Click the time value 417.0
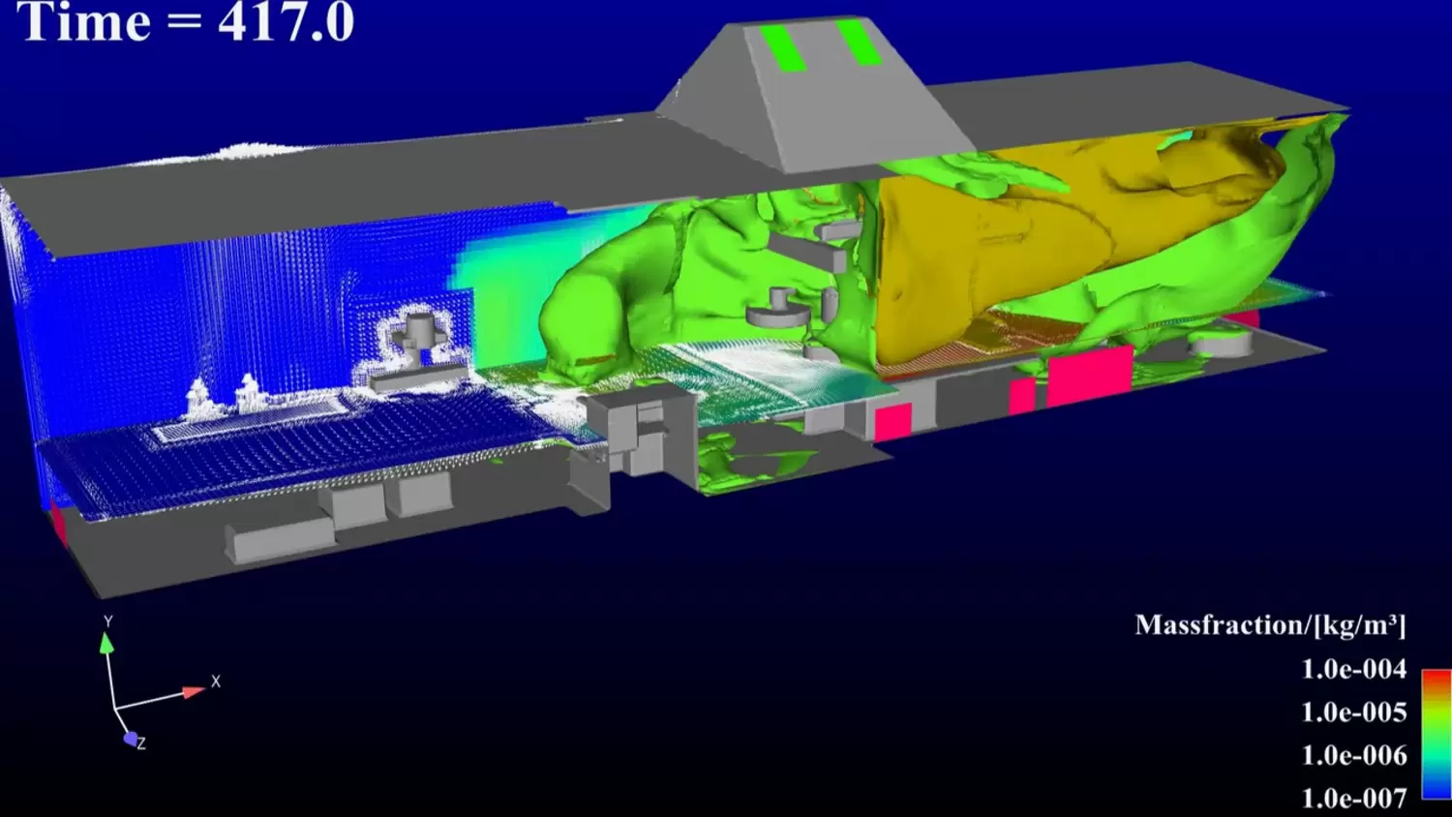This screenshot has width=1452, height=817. (x=286, y=22)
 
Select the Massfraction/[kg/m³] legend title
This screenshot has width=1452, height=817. (x=1270, y=625)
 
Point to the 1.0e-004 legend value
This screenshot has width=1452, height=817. (x=1354, y=669)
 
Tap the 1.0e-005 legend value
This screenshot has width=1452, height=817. (x=1354, y=712)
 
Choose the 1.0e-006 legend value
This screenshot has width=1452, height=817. (x=1354, y=755)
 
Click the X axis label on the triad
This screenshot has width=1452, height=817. (x=216, y=681)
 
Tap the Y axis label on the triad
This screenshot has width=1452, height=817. (x=108, y=621)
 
